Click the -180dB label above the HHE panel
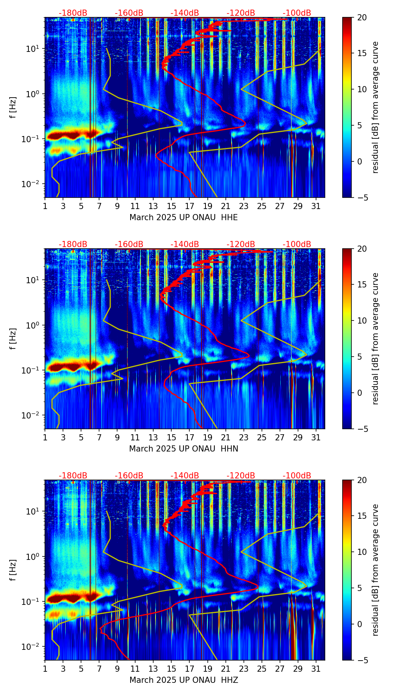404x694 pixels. coord(73,13)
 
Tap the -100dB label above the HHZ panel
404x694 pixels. coord(297,476)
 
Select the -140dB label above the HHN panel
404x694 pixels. coord(185,244)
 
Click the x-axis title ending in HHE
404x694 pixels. coord(184,217)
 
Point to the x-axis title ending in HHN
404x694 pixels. coord(184,449)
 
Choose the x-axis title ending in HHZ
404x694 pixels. coord(184,680)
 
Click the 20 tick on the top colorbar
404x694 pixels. coord(362,17)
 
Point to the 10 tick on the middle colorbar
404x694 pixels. coord(362,320)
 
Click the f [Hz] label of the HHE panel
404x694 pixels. coord(14,108)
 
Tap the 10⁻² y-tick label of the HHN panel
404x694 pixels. coord(33,415)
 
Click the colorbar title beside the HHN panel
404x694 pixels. coord(376,339)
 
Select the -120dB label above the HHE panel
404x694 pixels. coord(241,13)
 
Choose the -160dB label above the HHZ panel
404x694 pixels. coord(129,476)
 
